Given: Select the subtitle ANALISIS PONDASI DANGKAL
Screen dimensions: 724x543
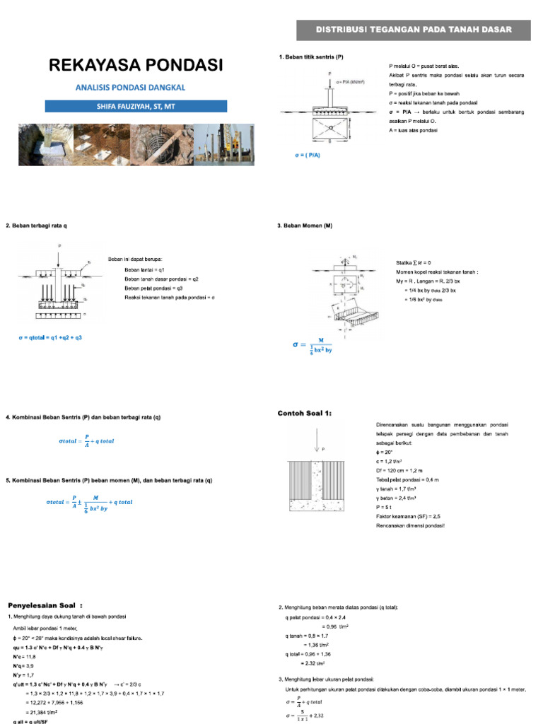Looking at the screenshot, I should (135, 88).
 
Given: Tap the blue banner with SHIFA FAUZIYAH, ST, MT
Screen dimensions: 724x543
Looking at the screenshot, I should (136, 106).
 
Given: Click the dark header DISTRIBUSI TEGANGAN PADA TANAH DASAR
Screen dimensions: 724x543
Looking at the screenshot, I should (413, 29).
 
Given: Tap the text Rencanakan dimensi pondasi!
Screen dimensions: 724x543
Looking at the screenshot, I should (410, 525).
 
